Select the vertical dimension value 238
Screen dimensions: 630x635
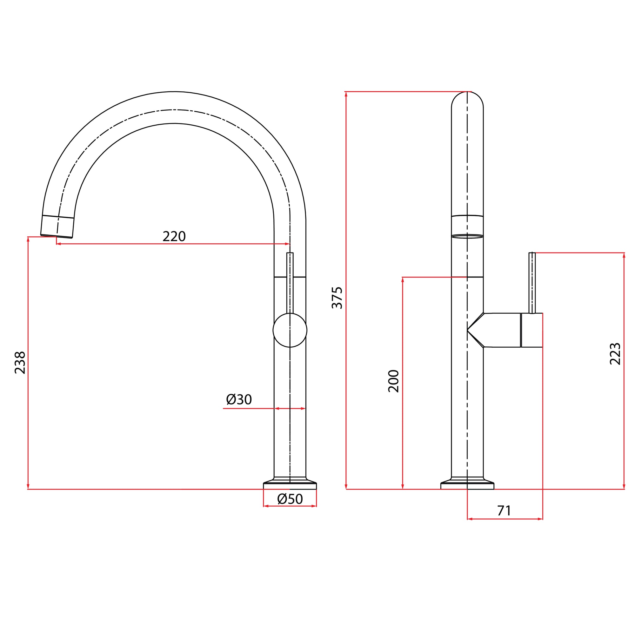[20, 362]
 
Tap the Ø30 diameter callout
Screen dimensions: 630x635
[239, 399]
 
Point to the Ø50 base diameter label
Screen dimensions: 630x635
[290, 499]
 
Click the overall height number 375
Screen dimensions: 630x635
[337, 298]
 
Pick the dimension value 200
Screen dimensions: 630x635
[393, 381]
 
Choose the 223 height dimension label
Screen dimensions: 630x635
[615, 354]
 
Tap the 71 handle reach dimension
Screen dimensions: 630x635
[504, 510]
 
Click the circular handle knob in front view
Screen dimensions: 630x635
[290, 330]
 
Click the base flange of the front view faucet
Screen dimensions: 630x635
[290, 485]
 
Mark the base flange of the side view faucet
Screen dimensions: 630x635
[467, 485]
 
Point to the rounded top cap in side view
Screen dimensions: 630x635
[467, 100]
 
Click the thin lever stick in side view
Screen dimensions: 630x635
[532, 282]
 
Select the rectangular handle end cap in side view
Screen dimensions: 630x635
[531, 330]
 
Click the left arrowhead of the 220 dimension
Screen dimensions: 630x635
[58, 244]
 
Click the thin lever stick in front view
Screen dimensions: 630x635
[290, 282]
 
